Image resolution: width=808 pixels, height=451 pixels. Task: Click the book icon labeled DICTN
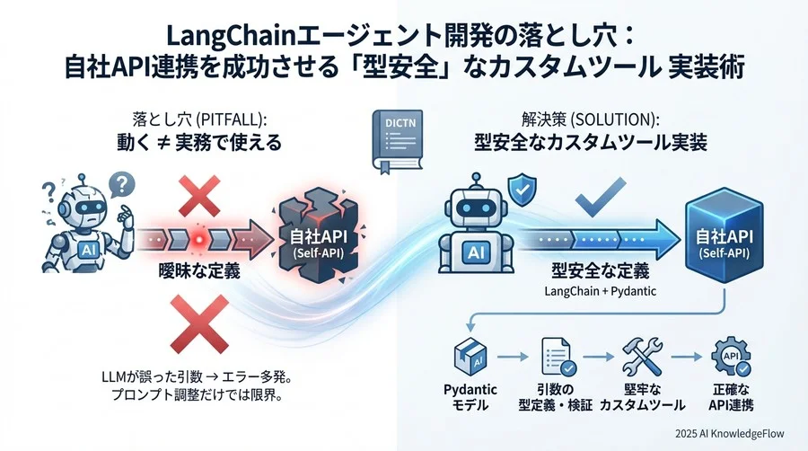[x=397, y=141]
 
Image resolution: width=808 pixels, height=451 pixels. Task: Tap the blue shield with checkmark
[x=522, y=190]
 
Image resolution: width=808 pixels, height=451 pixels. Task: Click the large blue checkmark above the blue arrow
[x=600, y=197]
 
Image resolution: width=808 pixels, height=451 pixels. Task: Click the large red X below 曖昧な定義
[x=199, y=323]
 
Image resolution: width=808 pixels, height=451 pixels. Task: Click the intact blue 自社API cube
[x=724, y=235]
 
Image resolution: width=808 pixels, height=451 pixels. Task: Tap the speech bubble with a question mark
[x=121, y=184]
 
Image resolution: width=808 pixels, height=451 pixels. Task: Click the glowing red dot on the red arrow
[x=199, y=240]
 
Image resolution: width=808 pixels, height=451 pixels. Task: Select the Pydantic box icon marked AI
[x=470, y=356]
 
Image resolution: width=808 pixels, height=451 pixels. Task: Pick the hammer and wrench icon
[x=642, y=356]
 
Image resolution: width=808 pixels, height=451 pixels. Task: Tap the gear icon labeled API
[x=731, y=356]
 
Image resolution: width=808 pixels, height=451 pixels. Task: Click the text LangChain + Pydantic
[x=601, y=291]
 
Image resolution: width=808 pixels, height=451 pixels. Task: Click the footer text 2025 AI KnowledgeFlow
[x=730, y=433]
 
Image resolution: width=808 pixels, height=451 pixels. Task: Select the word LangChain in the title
[x=232, y=37]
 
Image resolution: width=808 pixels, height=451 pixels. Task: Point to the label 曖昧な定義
[x=199, y=270]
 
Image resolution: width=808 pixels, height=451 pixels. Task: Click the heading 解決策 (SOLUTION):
[x=591, y=120]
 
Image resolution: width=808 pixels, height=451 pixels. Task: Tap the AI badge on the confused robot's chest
[x=88, y=250]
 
